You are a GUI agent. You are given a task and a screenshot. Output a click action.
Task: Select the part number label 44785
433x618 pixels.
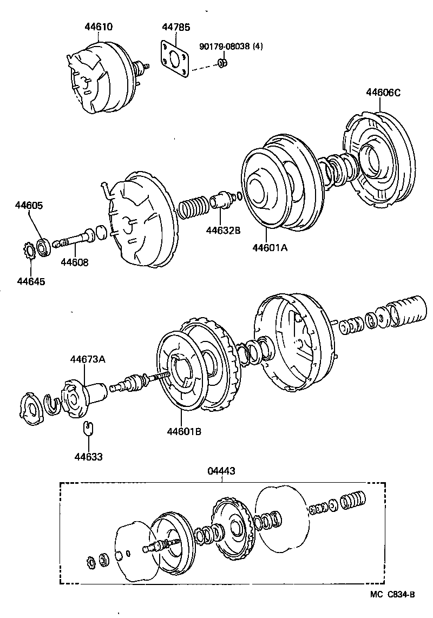coord(176,27)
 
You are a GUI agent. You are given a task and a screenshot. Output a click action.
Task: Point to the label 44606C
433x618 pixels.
coord(383,93)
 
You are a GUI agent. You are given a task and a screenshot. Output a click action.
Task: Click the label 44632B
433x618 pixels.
coord(222,231)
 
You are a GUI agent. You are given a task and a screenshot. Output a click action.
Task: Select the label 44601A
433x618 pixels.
coord(269,248)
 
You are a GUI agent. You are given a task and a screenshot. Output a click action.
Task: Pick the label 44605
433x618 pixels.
coord(29,206)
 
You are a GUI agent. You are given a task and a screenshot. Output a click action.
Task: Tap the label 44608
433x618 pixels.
coord(74,262)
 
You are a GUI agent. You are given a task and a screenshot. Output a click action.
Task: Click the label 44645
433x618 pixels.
coord(31,281)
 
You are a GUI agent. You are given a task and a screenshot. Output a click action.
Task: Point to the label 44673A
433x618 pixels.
coord(88,359)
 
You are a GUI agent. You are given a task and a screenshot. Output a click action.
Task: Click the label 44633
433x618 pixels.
coord(89,456)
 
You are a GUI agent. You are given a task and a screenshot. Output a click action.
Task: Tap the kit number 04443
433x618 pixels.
coord(221,471)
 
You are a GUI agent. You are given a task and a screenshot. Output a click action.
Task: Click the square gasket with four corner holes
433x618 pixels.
coord(174,58)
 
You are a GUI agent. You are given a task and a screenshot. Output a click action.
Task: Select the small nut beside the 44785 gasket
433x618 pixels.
coord(221,64)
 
